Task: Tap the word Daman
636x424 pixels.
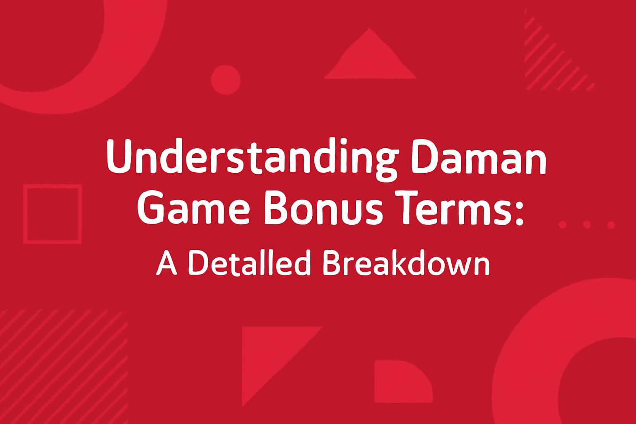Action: [x=479, y=158]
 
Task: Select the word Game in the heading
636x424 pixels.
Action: [x=193, y=208]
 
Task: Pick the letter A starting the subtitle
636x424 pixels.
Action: [x=166, y=263]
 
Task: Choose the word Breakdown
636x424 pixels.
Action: [x=406, y=263]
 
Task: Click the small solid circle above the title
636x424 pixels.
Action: [x=226, y=79]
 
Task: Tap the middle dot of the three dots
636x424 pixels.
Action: [x=586, y=224]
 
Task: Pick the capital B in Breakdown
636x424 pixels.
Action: [x=331, y=263]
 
